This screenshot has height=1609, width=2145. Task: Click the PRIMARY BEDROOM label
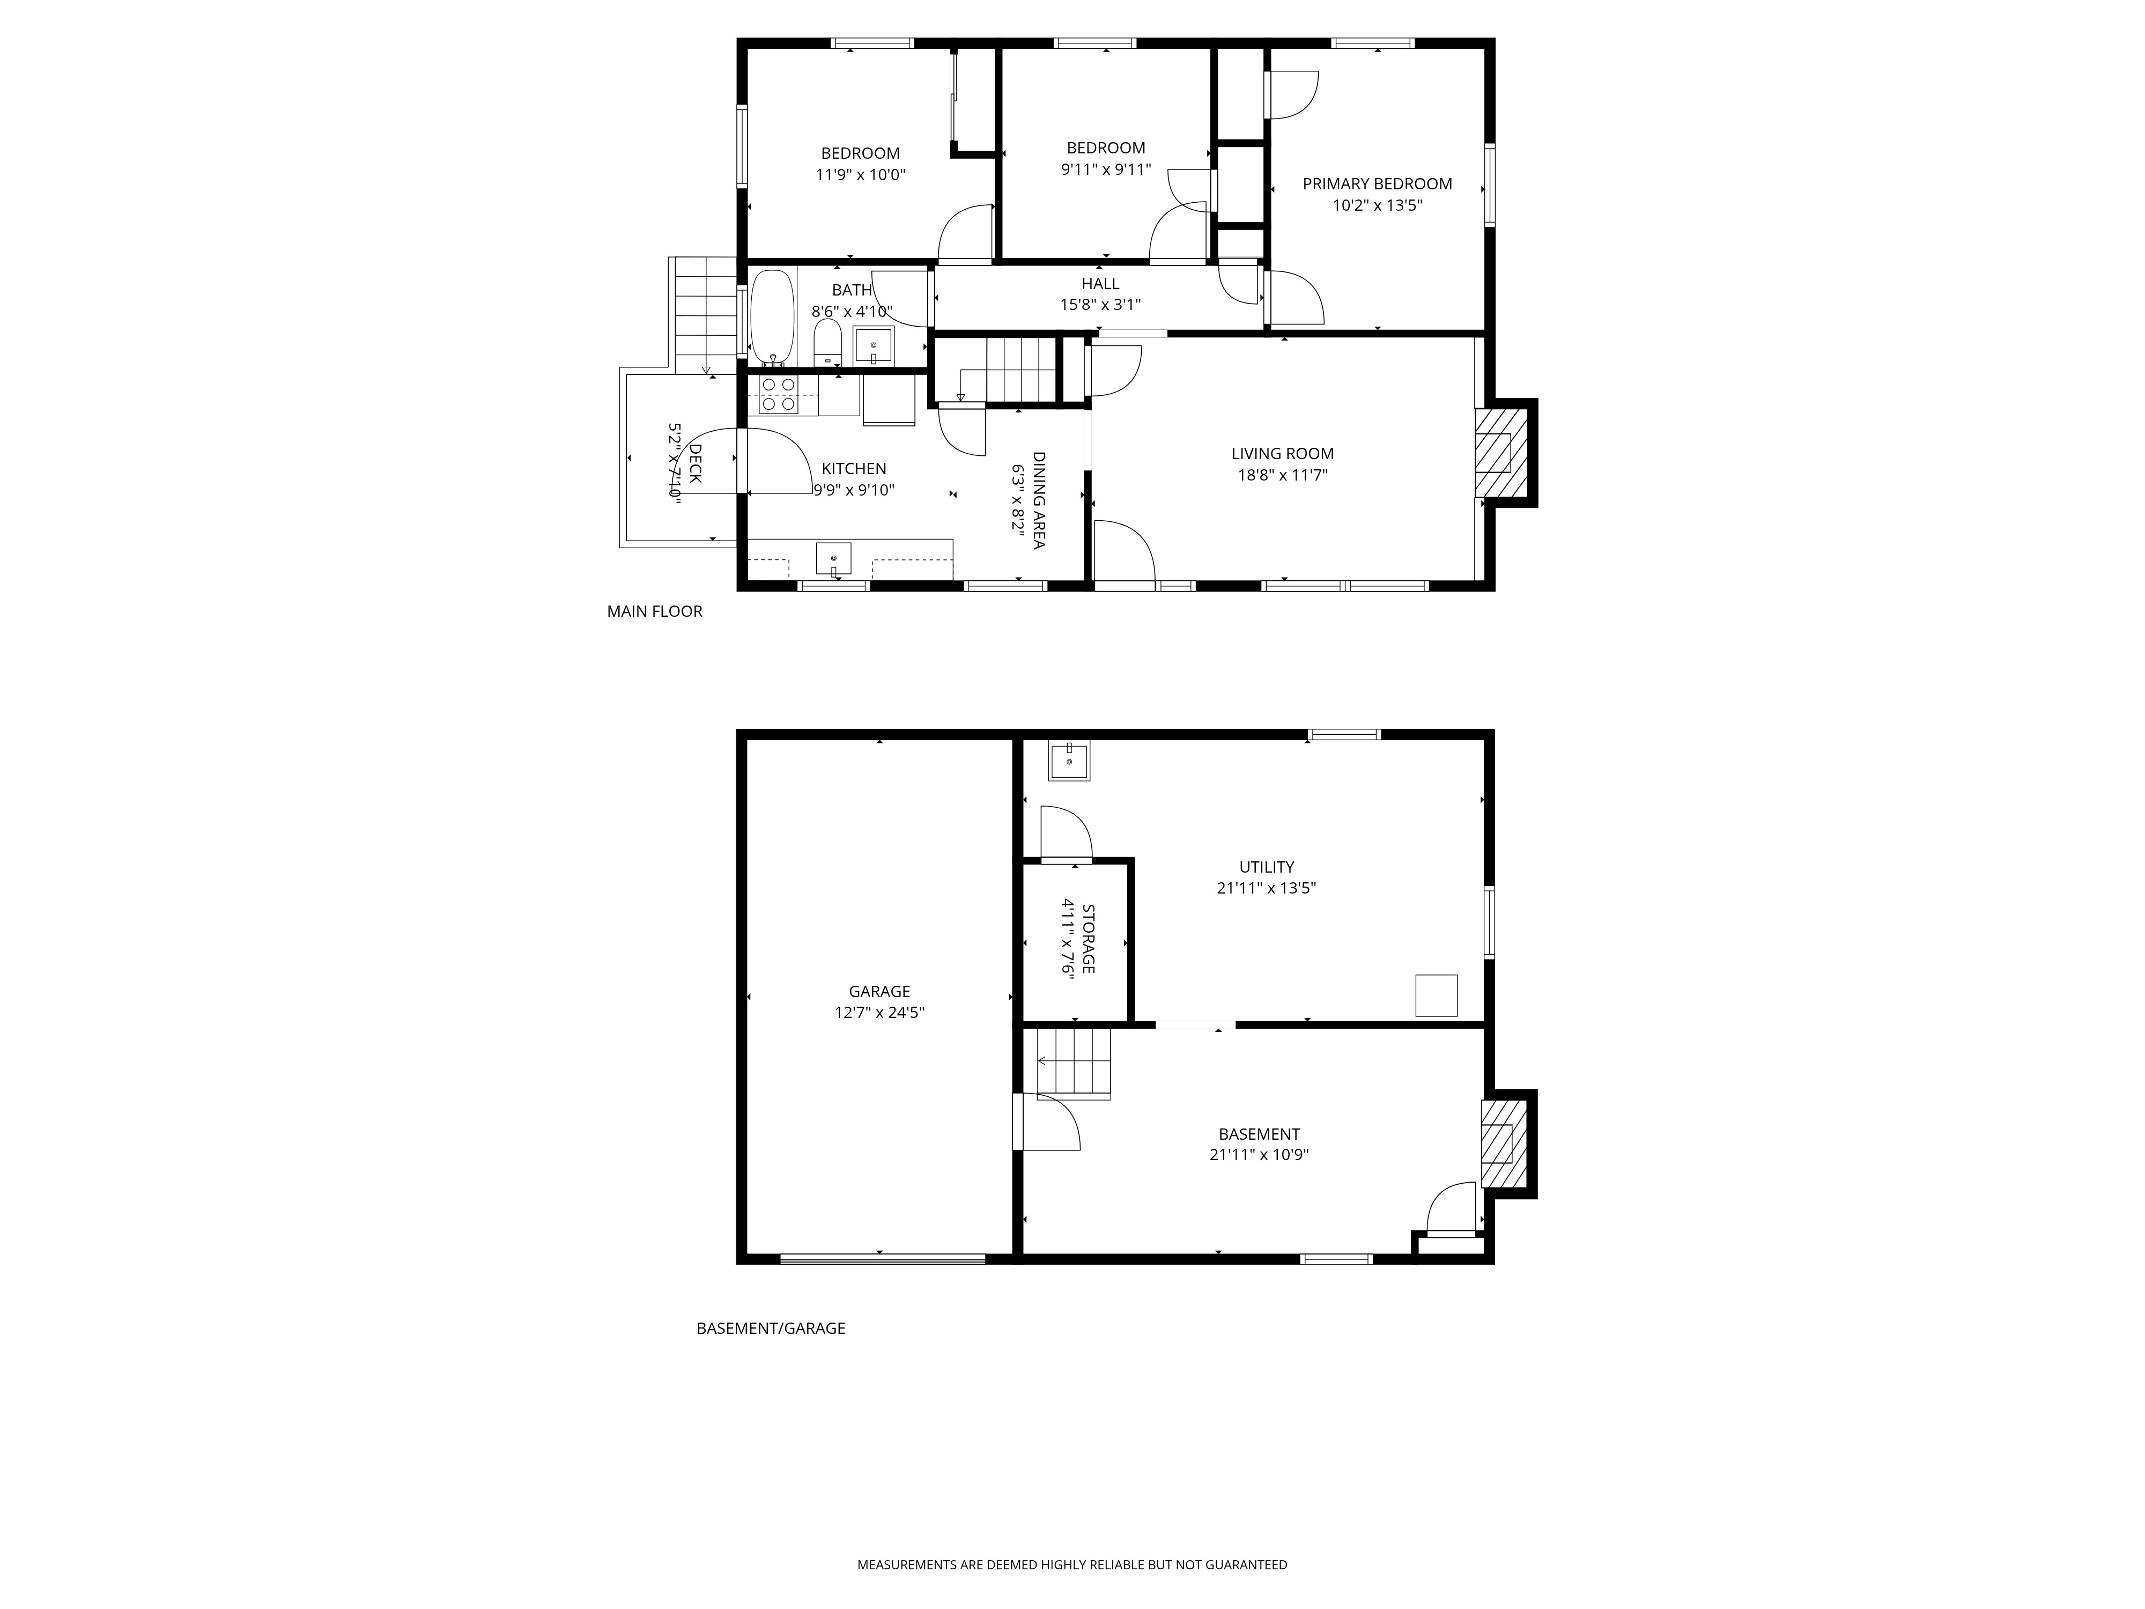(x=1377, y=183)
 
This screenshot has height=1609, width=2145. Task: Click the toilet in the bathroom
(x=827, y=343)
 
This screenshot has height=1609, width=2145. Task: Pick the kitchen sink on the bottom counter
(x=833, y=559)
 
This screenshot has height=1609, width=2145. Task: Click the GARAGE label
(x=879, y=991)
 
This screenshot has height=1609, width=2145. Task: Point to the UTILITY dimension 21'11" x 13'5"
(x=1267, y=888)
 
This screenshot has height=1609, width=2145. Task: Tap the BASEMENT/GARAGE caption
(x=771, y=1328)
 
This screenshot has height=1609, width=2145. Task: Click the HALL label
(x=1100, y=283)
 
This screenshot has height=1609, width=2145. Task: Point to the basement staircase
(x=1074, y=1063)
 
